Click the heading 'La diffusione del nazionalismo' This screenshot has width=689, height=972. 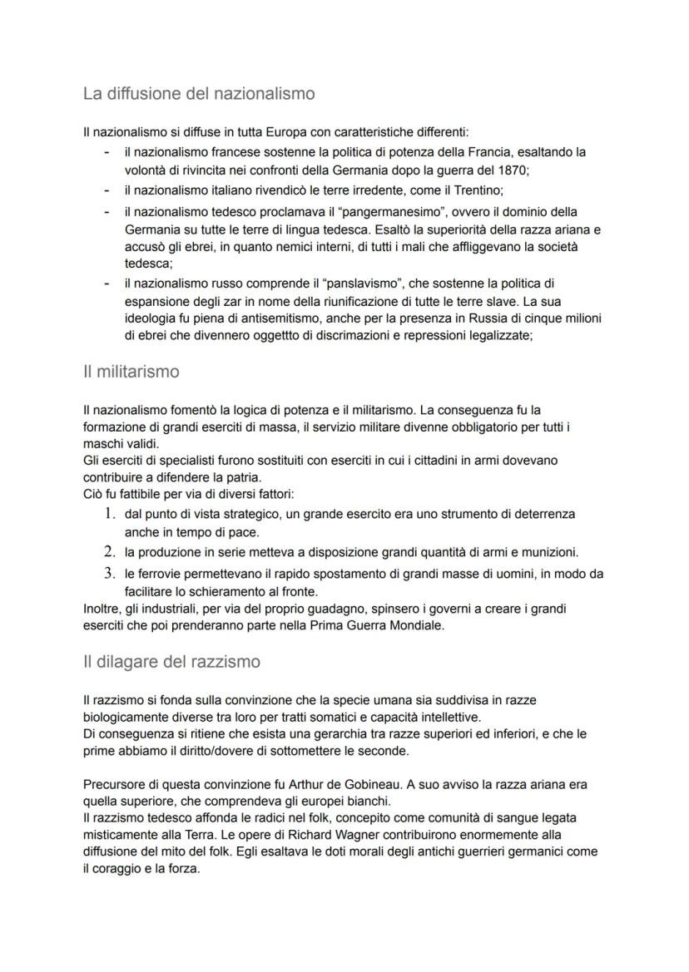(199, 94)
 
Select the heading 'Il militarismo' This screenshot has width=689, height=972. (131, 372)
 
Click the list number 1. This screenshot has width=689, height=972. (109, 514)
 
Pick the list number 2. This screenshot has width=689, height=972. (109, 551)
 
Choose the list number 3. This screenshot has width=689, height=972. (109, 573)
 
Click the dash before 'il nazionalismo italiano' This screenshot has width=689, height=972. (107, 190)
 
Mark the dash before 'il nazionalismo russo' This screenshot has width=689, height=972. (107, 284)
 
